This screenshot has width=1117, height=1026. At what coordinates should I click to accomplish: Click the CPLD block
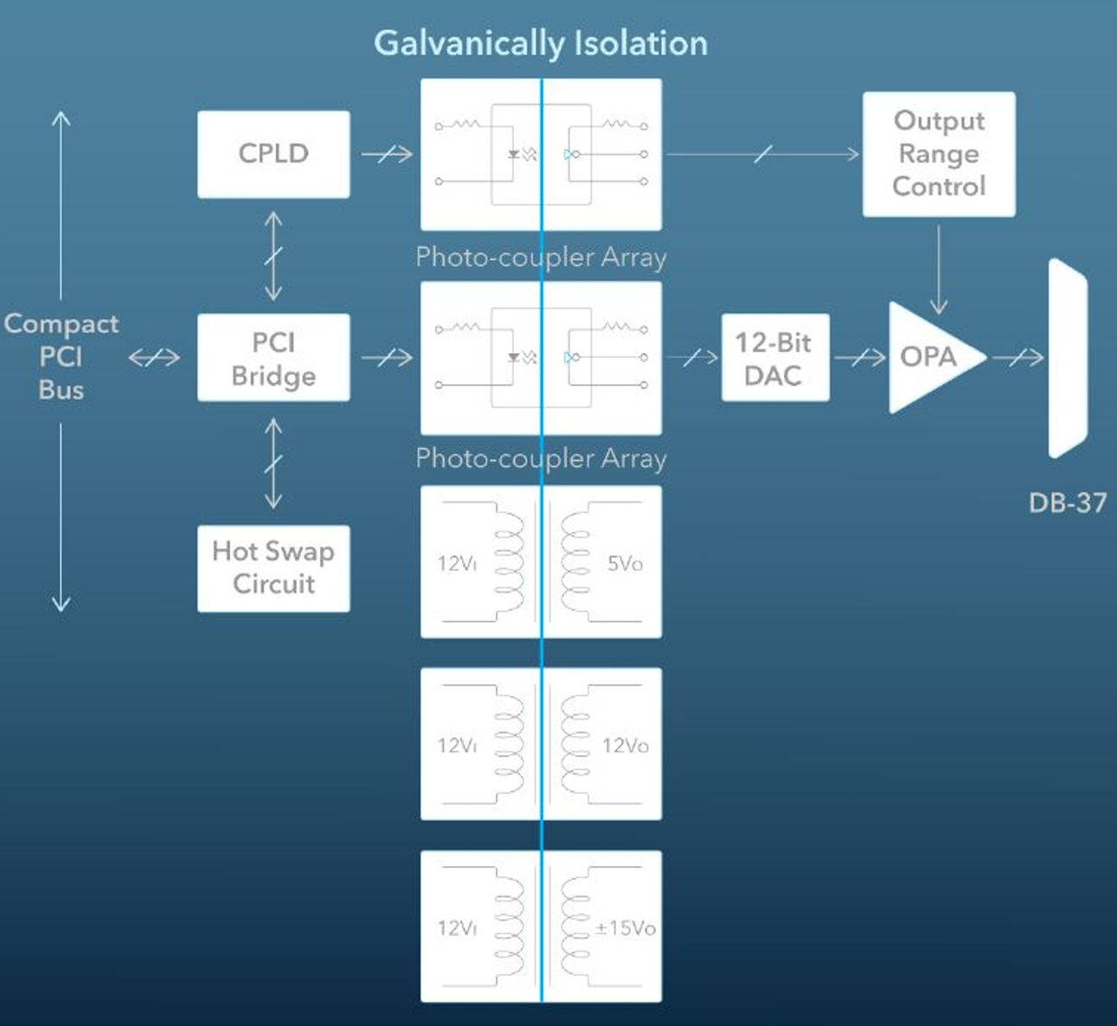coord(273,154)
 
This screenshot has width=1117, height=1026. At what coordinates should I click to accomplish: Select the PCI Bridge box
coord(273,358)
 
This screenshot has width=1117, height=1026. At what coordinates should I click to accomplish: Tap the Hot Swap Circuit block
coord(273,568)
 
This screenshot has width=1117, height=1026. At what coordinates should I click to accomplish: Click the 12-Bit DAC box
coord(774,358)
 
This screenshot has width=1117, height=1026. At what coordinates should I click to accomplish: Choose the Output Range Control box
coord(939,154)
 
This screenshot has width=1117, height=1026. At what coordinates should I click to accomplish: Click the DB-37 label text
coord(1067,503)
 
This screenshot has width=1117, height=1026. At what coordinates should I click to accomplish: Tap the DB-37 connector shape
coord(1067,357)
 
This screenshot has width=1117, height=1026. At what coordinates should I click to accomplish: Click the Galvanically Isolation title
coord(541,43)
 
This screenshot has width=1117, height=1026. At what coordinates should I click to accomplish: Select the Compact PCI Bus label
coord(61,356)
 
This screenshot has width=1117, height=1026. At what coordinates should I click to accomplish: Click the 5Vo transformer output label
coord(625,564)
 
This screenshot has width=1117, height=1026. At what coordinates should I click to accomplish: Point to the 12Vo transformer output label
coord(625,746)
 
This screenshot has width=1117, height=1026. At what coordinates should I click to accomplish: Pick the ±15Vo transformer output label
coord(625,928)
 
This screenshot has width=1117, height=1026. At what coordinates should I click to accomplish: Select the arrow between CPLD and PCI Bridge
coord(273,256)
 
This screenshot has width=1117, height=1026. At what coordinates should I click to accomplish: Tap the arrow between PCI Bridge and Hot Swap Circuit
coord(273,464)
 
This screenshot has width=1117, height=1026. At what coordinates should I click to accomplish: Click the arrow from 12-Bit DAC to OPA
coord(859,357)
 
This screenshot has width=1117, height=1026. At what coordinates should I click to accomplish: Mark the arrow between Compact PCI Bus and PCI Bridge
coord(154,357)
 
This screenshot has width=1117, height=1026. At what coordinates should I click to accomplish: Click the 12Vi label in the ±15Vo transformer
coord(457,928)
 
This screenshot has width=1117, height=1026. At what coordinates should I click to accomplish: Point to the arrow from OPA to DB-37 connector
coord(1018,357)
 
